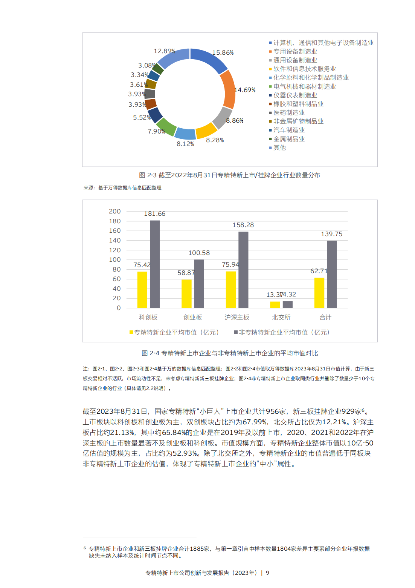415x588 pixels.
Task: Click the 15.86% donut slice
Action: [x=208, y=59]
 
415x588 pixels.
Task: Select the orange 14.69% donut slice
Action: [x=228, y=90]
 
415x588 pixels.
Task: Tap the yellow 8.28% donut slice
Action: [x=206, y=130]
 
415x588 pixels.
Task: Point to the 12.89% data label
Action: [x=165, y=51]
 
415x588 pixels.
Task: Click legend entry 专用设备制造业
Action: [x=295, y=52]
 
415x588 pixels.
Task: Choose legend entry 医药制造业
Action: [x=289, y=112]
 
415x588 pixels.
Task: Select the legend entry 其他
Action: [x=279, y=147]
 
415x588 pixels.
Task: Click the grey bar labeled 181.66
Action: [x=155, y=264]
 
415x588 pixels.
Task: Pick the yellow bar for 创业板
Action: [x=186, y=293]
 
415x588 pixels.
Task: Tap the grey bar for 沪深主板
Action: [x=243, y=270]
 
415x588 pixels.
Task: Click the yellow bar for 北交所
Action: [x=275, y=304]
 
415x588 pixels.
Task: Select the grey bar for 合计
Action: [x=332, y=274]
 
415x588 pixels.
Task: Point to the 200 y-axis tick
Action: [x=115, y=212]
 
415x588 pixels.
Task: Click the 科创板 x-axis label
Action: [x=148, y=318]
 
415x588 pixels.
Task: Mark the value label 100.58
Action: [x=199, y=253]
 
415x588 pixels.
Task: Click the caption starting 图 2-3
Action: [x=229, y=175]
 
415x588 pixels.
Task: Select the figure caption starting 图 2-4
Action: [x=230, y=353]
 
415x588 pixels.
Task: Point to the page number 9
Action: [x=267, y=573]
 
